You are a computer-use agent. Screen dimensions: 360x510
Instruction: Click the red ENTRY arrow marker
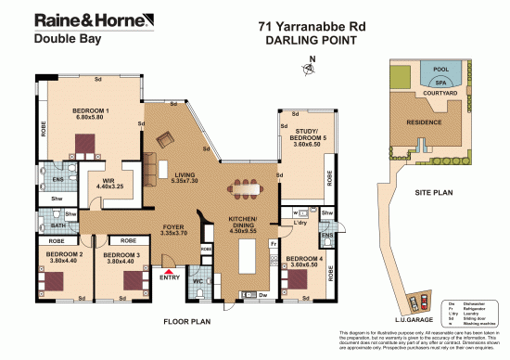pyautogui.click(x=167, y=270)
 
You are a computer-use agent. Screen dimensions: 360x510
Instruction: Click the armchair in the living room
pyautogui.click(x=165, y=140)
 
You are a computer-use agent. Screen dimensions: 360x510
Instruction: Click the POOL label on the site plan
pyautogui.click(x=440, y=70)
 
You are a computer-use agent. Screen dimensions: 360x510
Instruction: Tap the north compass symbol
pyautogui.click(x=309, y=67)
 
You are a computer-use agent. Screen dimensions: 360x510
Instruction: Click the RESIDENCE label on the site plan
pyautogui.click(x=426, y=121)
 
